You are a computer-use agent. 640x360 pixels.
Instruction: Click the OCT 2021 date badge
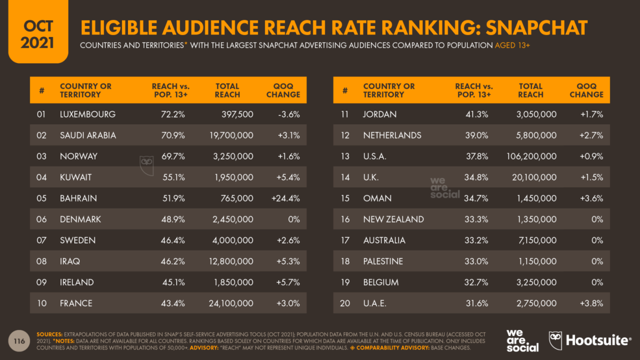coord(38,32)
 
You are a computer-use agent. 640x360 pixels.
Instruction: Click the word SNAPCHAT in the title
coord(537,28)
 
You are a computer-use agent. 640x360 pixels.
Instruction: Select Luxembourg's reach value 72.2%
coord(173,114)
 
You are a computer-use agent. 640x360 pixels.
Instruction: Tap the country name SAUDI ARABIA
coord(88,135)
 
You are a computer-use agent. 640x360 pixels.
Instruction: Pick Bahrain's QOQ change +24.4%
coord(285,198)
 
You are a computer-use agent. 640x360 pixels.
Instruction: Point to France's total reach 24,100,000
coord(231,304)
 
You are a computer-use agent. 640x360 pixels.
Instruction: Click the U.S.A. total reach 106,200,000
coord(531,156)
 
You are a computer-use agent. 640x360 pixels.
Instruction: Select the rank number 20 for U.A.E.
coord(345,304)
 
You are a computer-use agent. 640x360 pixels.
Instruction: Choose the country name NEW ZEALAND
coord(393,219)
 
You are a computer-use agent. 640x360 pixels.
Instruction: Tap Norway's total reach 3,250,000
coord(233,156)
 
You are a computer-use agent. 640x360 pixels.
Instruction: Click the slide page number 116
coord(19,341)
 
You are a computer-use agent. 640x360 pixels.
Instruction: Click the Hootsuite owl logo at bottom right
coord(555,341)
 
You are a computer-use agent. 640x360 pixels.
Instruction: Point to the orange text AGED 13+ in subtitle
coord(512,45)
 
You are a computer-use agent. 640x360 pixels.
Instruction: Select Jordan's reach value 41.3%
coord(477,114)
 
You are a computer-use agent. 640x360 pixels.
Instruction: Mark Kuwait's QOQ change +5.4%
coord(289,177)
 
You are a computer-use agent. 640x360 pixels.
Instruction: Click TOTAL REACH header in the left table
coord(227,90)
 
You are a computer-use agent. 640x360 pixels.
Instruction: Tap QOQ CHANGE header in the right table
coord(587,90)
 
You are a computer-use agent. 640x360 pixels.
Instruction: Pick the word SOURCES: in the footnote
coord(50,335)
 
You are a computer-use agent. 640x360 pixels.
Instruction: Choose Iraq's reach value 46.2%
coord(173,261)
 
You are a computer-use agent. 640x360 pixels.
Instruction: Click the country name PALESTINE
coord(383,261)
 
